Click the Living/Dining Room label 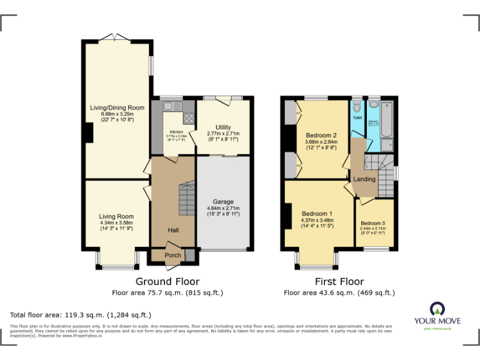click(117, 107)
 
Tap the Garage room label click(223, 201)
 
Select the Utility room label click(223, 127)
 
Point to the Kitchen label click(176, 132)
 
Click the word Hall click(173, 231)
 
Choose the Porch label click(172, 255)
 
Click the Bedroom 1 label click(317, 214)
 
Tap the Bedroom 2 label click(321, 136)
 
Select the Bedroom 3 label click(372, 223)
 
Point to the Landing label click(364, 179)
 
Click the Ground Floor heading click(167, 282)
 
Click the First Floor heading click(339, 282)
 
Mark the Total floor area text click(81, 315)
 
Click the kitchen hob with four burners click(187, 118)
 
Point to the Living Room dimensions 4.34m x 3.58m click(117, 222)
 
